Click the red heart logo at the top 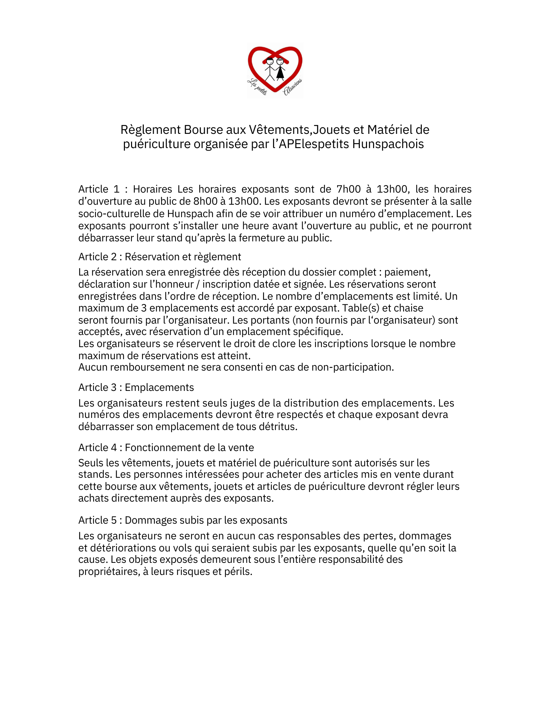275,69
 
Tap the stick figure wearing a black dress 281,69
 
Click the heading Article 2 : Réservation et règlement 159,257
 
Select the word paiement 407,272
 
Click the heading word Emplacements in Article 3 159,387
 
